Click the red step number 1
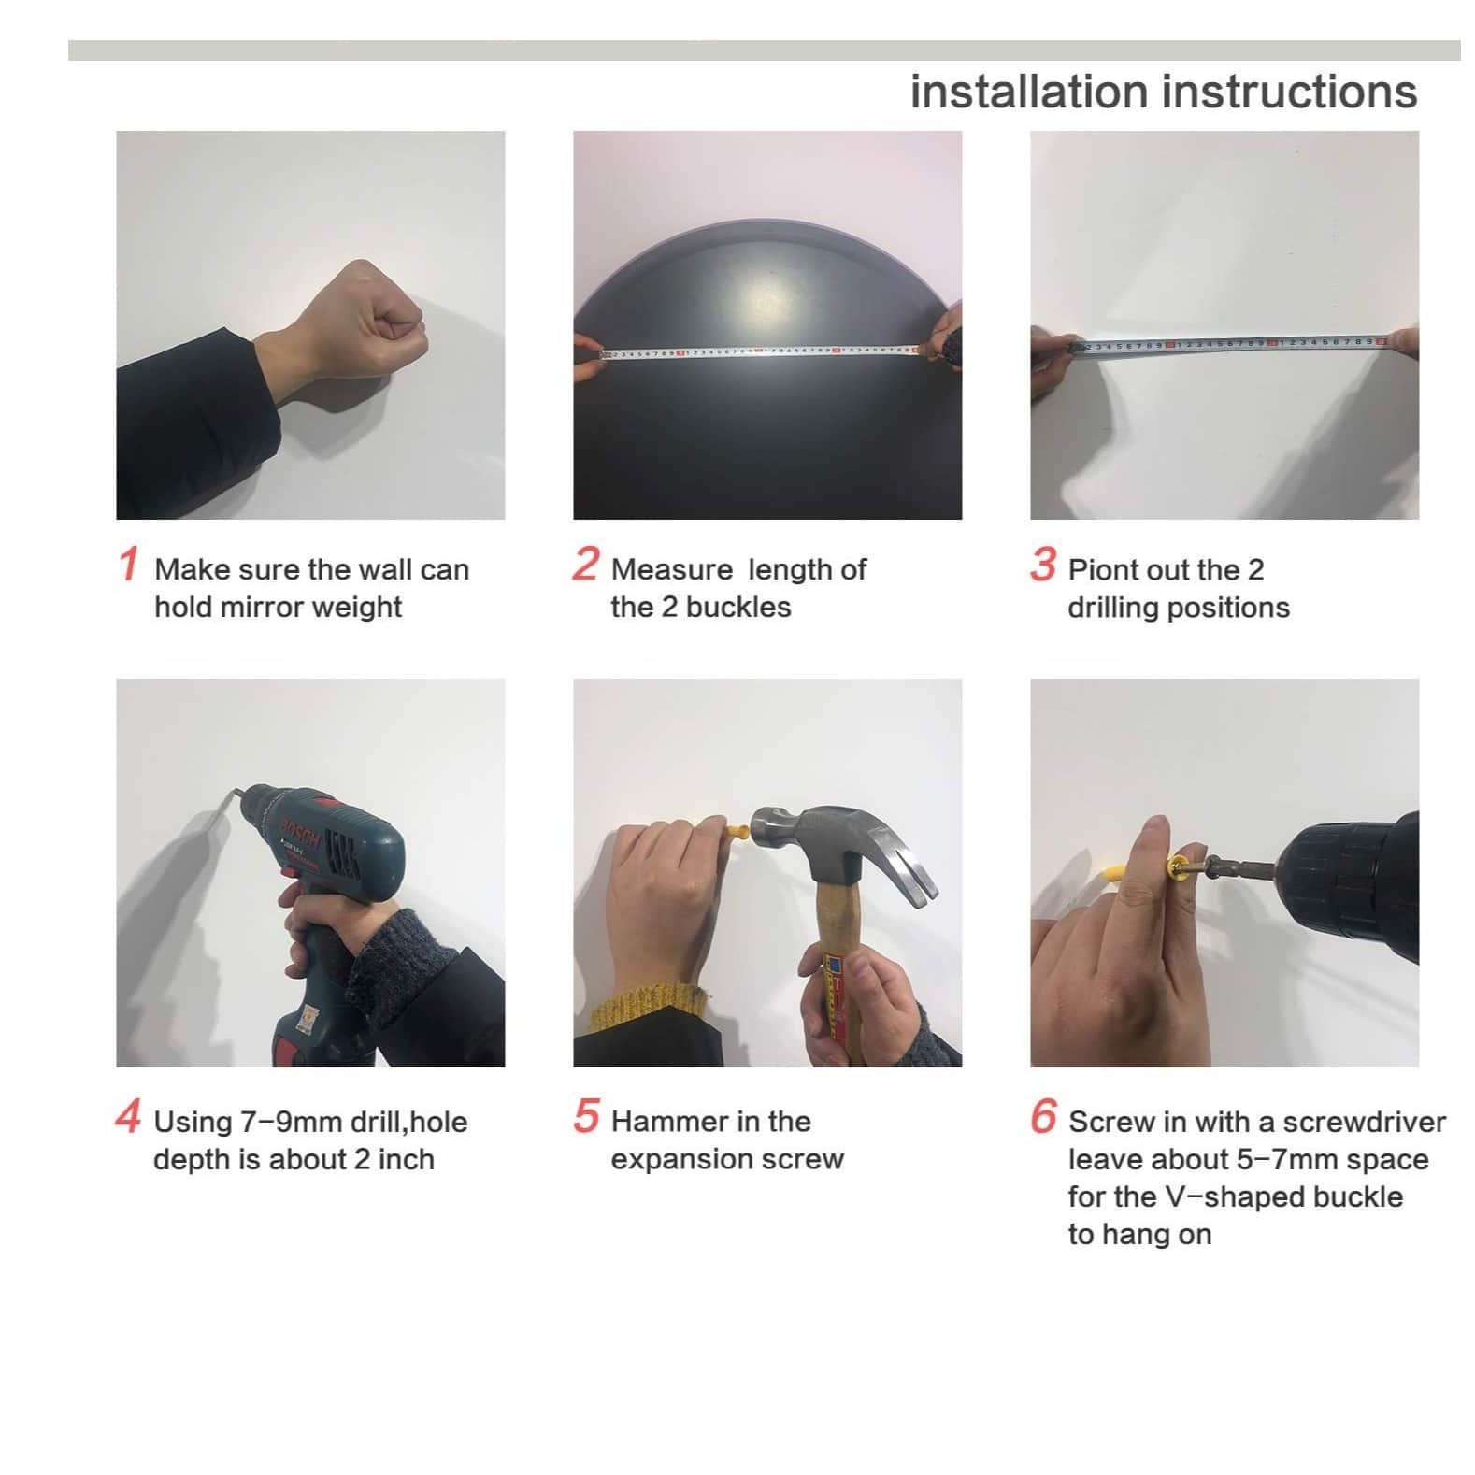click(129, 564)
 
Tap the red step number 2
click(586, 564)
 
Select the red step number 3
click(1043, 564)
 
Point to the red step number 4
click(128, 1116)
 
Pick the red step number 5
click(586, 1116)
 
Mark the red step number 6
click(1043, 1116)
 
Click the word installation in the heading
click(1029, 92)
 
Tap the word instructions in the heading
click(1290, 92)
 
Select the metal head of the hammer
click(841, 846)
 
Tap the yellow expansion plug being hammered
click(737, 829)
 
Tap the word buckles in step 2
click(738, 607)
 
